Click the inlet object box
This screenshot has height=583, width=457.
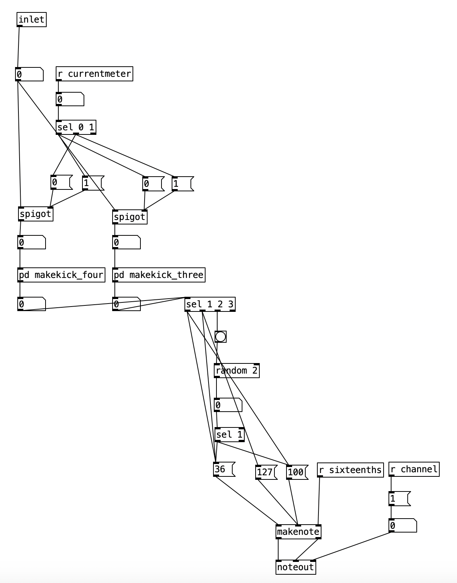tap(32, 20)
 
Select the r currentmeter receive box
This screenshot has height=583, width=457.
tap(94, 73)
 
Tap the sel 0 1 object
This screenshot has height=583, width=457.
tap(76, 127)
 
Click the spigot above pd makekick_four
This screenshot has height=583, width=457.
tap(35, 214)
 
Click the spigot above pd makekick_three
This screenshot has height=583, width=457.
tap(129, 217)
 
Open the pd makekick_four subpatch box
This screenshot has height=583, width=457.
tap(61, 275)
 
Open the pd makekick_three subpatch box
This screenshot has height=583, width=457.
tap(158, 275)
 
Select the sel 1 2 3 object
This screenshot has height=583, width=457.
tap(210, 304)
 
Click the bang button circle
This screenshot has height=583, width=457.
tap(221, 336)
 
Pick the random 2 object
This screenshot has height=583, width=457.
tap(236, 371)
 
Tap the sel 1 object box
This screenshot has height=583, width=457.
tap(229, 435)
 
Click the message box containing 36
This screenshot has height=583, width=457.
tap(223, 469)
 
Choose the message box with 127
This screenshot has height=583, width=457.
tap(265, 472)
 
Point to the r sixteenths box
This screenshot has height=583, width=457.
tap(350, 470)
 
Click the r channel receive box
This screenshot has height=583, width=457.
tap(414, 469)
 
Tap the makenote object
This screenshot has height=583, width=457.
tap(298, 532)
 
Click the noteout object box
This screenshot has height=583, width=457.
tap(296, 567)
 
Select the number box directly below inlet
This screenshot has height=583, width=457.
tap(29, 74)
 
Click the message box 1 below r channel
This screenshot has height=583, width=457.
tap(398, 499)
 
